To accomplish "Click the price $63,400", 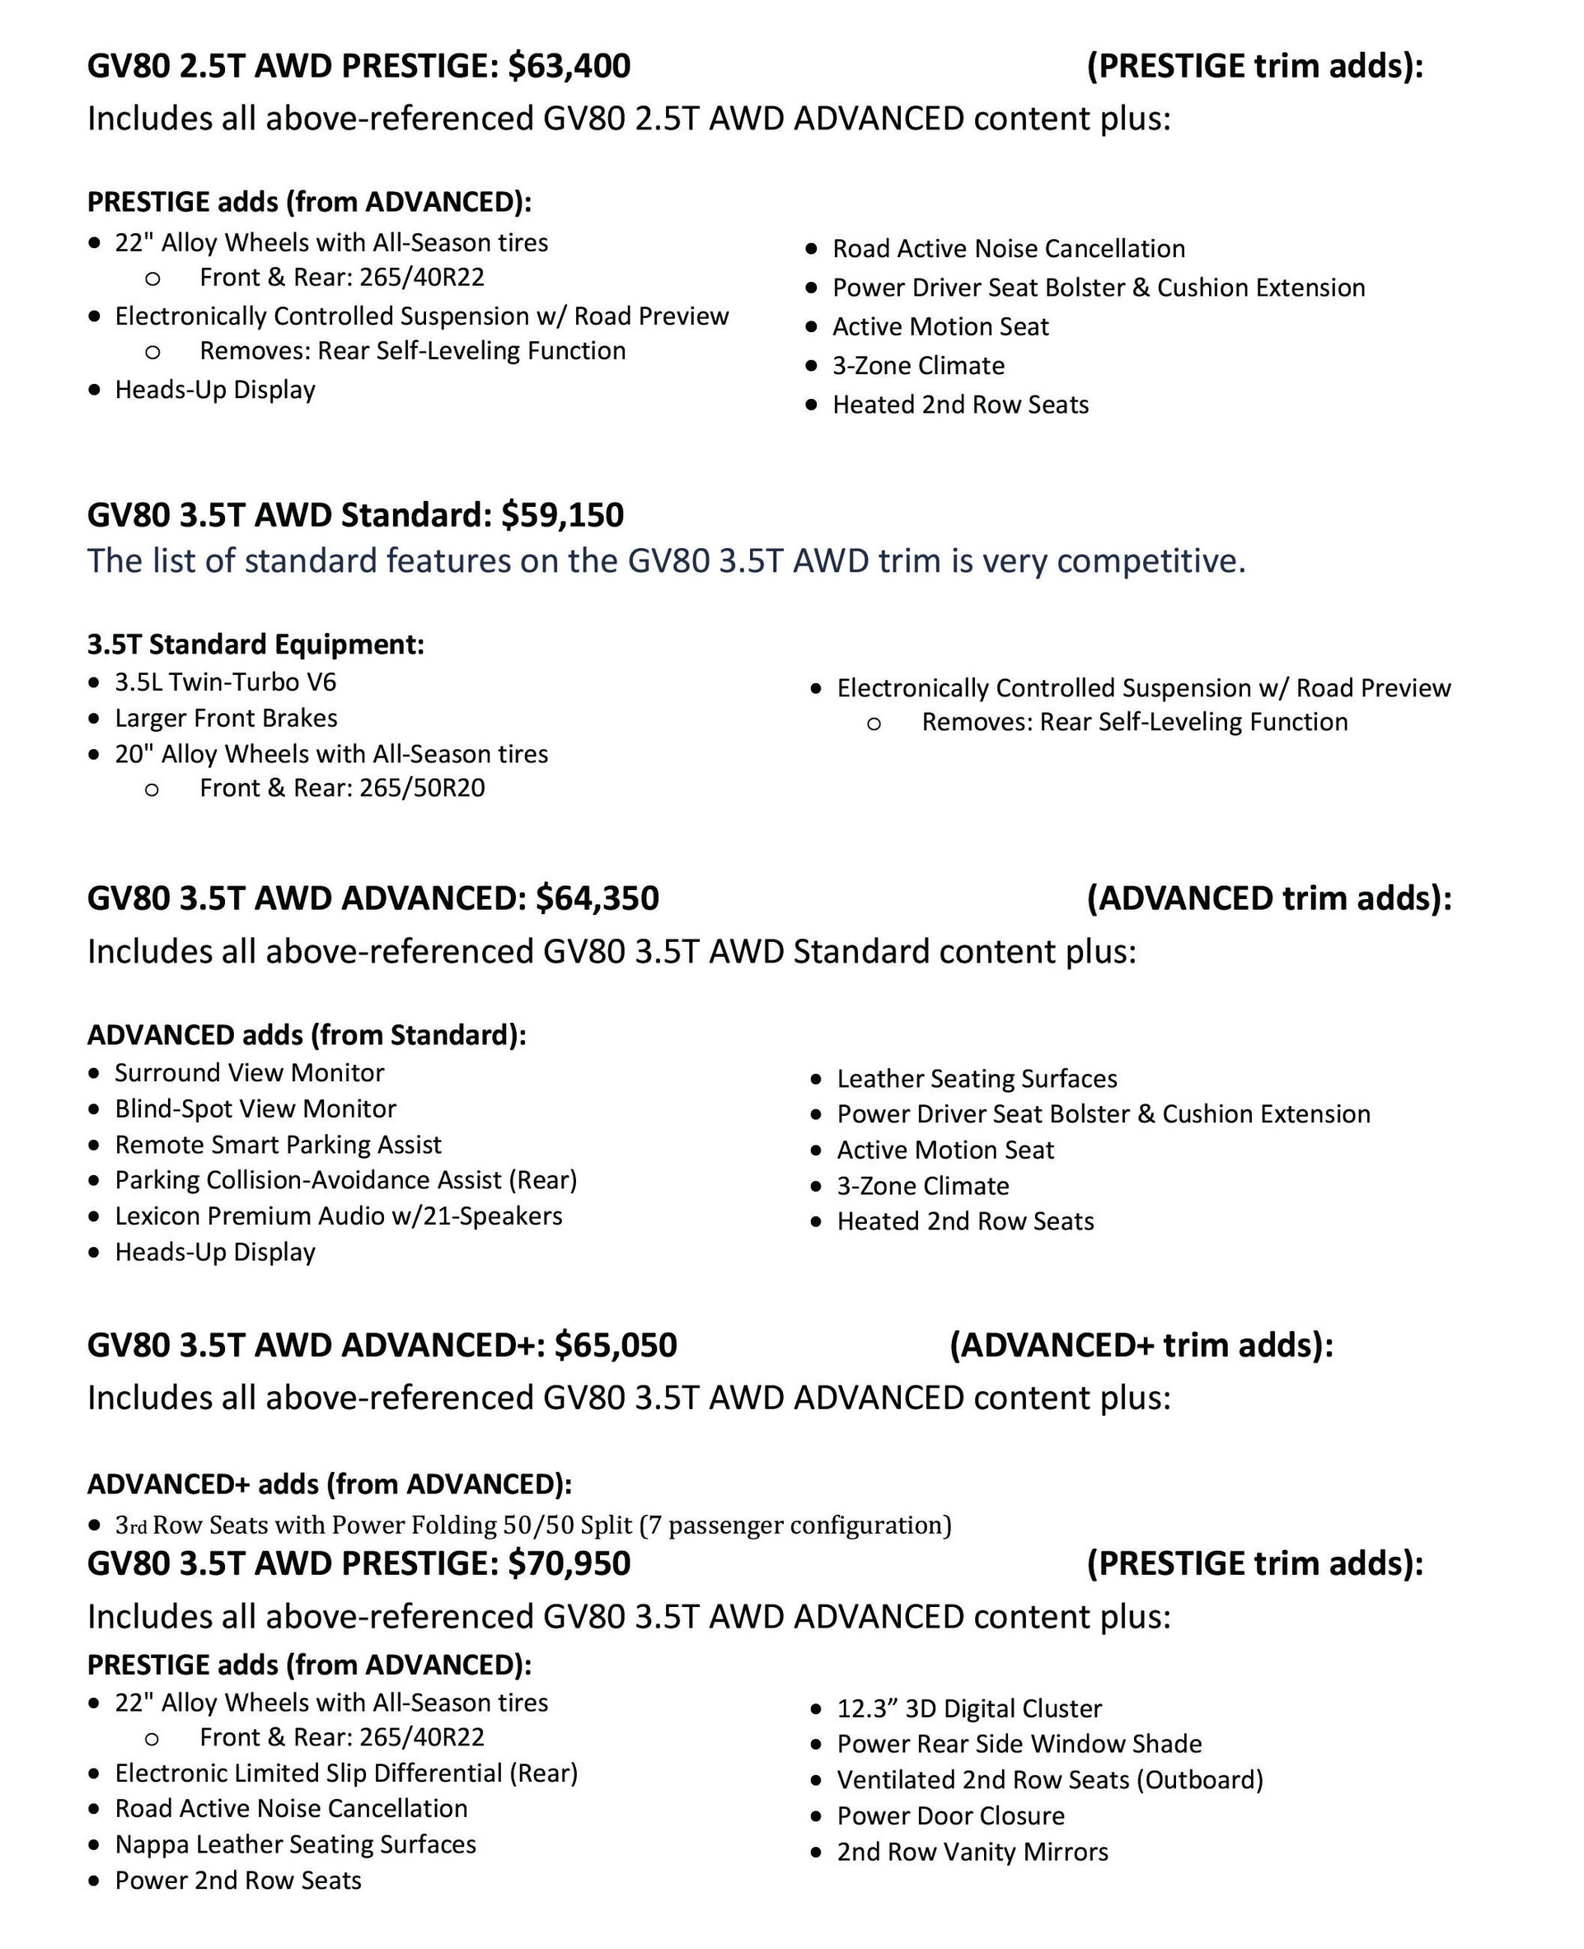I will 569,67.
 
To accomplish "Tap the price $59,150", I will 562,516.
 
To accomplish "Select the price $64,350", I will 597,899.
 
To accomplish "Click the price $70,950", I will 569,1564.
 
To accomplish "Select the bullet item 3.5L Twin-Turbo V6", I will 225,682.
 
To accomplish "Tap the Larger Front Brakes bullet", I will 225,719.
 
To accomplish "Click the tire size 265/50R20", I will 422,789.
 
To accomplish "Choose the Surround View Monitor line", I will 249,1073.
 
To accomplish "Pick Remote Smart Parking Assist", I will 278,1146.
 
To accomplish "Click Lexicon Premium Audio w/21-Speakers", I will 338,1216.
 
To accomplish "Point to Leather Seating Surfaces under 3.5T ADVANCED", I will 977,1080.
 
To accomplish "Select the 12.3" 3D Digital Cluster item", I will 969,1709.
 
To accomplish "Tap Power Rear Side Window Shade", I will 1019,1745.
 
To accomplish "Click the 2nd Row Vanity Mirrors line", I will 972,1853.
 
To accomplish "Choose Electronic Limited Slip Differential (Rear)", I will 346,1773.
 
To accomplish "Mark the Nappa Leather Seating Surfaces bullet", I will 295,1845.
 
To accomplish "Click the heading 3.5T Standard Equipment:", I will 255,645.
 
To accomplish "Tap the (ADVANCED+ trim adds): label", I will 1141,1346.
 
